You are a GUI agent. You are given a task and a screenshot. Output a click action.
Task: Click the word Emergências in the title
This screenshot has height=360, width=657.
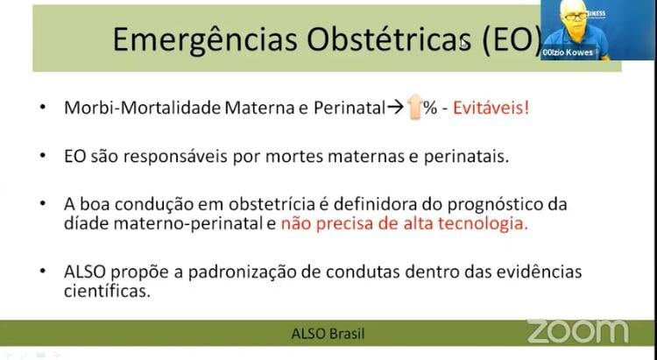coord(206,39)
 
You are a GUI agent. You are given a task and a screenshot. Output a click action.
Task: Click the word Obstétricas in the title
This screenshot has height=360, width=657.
coord(391,39)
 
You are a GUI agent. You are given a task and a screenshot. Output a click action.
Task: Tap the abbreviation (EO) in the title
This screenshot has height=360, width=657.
coord(512,40)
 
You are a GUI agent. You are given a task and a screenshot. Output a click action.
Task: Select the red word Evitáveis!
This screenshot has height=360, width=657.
coord(491,108)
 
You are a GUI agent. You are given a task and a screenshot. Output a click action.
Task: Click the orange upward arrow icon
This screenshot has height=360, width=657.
coord(414,107)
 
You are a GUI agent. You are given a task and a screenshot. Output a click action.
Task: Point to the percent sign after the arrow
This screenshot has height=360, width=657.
coord(430,108)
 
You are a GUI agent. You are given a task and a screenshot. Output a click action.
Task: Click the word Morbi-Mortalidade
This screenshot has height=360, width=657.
coord(143,108)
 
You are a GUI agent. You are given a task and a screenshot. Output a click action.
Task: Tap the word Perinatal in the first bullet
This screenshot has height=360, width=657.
coord(349,108)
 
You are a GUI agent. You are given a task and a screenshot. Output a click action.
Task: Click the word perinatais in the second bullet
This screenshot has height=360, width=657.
coord(466,157)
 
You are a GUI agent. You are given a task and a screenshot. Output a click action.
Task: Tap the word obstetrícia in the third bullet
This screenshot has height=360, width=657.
coord(272,204)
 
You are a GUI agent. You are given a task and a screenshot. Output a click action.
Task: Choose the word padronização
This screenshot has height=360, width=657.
coord(242,272)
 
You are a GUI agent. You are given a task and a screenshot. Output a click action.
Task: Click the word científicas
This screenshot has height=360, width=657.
coord(107,291)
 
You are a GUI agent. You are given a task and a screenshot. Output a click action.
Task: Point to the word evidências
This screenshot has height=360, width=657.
coord(539,272)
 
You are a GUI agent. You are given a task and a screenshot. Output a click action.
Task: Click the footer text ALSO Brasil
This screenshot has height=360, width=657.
coord(328,334)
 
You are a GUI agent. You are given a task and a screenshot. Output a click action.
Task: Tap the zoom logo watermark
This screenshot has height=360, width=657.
coord(578,331)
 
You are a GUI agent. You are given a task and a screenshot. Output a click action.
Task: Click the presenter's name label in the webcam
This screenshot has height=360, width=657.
coord(568,53)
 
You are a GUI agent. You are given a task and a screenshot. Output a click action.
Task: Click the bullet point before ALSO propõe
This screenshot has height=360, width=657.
coord(43,271)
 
